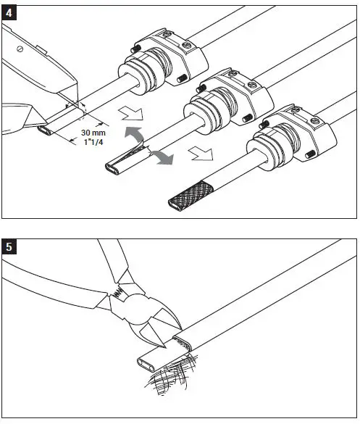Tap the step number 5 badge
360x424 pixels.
coord(11,246)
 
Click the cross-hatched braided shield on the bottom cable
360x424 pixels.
coord(190,186)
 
